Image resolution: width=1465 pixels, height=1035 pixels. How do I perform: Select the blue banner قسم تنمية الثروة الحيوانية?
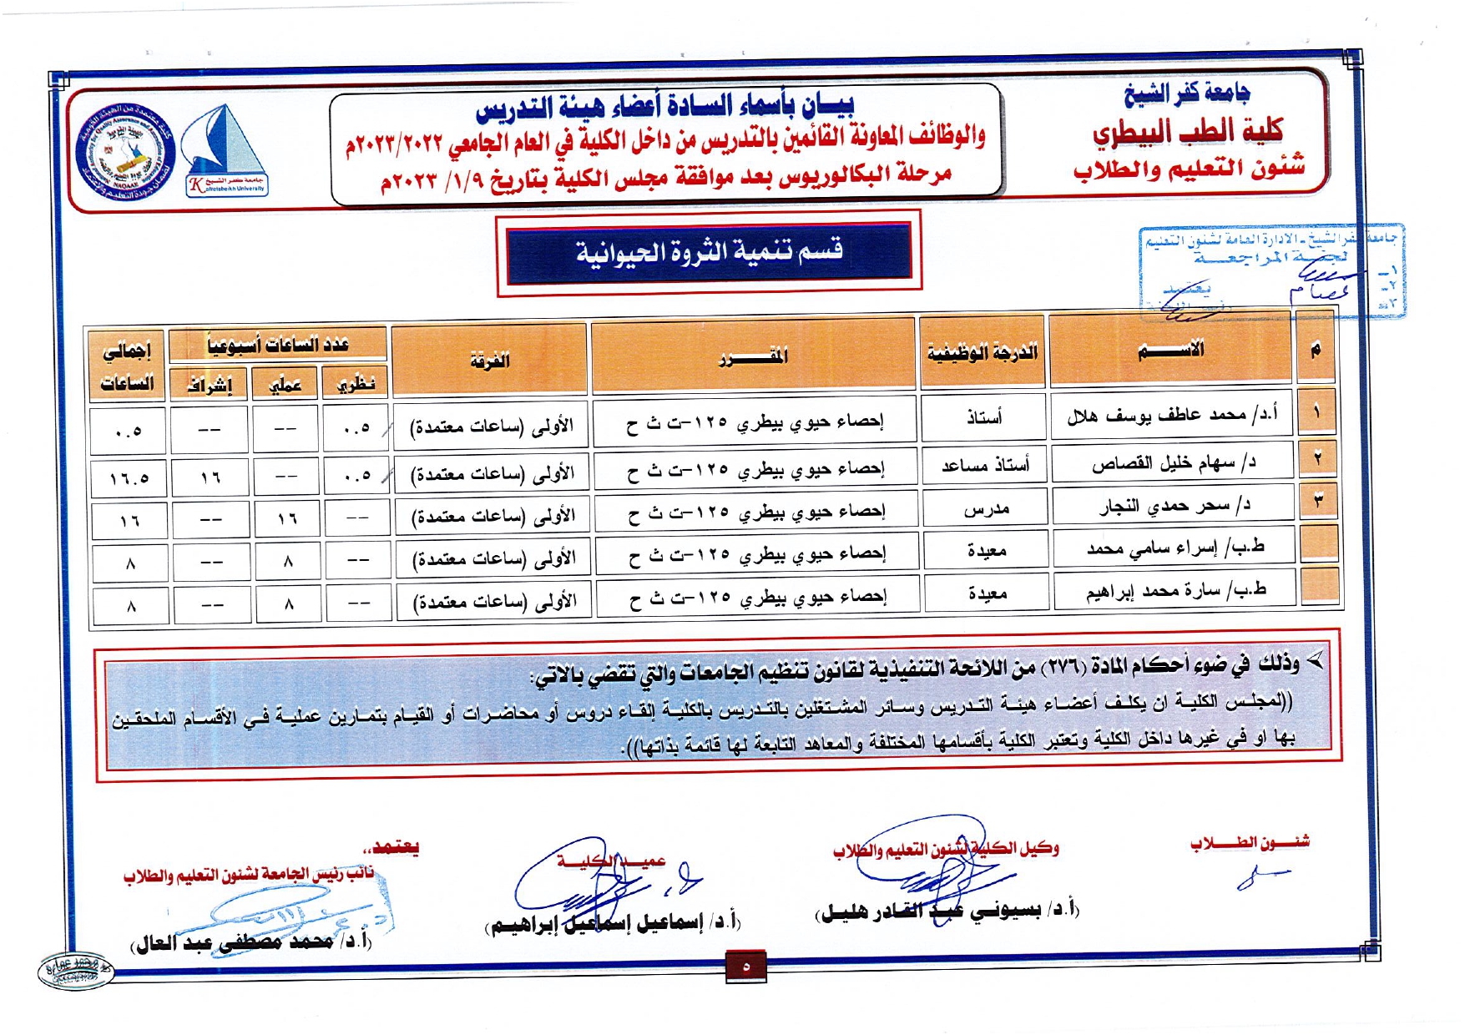pos(709,250)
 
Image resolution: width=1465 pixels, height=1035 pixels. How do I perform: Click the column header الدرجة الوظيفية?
pos(982,351)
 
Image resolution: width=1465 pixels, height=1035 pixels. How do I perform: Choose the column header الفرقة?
pos(489,360)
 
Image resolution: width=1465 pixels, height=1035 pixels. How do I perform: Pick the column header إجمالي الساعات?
pos(127,366)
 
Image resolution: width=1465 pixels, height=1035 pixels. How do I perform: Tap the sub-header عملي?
pos(285,384)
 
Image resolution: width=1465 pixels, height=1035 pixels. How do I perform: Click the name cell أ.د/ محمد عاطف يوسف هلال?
pos(1172,414)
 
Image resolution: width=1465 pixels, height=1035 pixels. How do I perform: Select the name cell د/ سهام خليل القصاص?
pos(1173,462)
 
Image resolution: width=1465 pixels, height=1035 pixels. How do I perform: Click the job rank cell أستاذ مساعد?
pos(985,465)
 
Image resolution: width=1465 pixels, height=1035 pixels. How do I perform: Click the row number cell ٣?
pos(1318,501)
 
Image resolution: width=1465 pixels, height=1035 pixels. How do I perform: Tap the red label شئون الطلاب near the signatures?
pos(1250,843)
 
